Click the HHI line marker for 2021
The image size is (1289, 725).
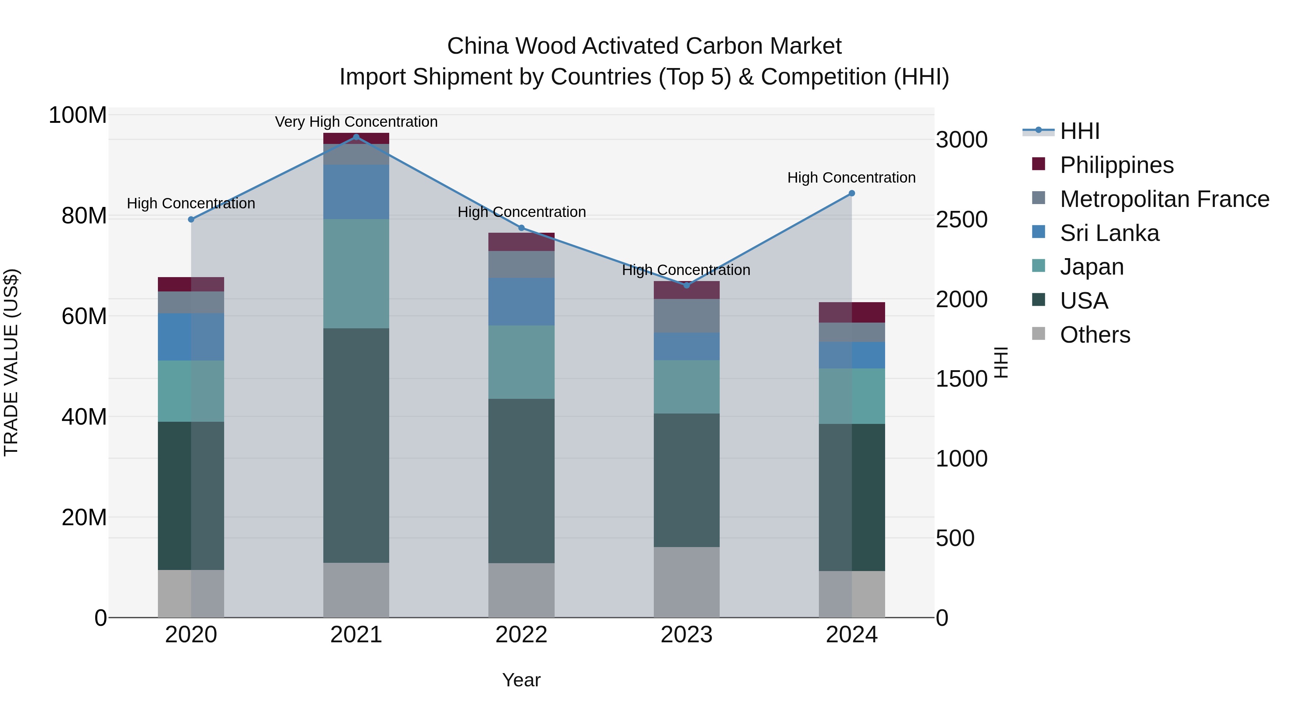[356, 137]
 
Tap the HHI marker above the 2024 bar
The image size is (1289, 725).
[852, 193]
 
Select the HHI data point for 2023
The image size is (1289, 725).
[686, 285]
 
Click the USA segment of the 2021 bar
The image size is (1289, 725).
[356, 445]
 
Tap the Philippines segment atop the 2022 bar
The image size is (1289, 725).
[521, 242]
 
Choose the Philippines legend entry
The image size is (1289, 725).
[1116, 165]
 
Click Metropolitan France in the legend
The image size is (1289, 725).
[1164, 199]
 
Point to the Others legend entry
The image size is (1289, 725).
[1095, 335]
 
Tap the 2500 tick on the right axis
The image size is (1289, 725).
[961, 220]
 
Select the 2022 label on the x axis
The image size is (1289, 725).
[521, 635]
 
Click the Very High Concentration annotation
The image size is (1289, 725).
[356, 122]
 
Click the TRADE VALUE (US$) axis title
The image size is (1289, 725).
[11, 362]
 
